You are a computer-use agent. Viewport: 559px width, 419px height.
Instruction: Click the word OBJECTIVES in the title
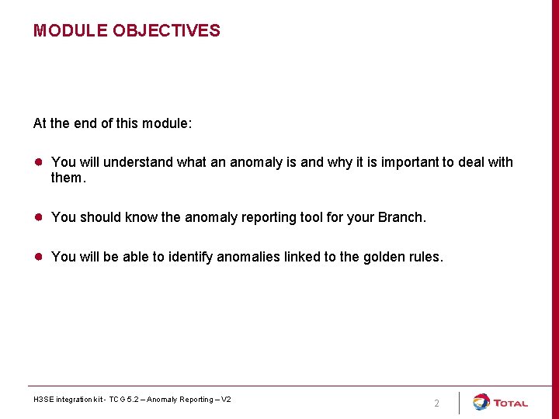point(166,31)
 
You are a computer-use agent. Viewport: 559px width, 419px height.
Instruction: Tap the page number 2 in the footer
point(436,403)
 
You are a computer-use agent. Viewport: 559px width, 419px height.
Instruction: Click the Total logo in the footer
point(501,403)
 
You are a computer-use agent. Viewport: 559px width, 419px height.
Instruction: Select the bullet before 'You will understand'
point(37,162)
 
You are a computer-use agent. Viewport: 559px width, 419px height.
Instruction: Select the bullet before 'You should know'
point(37,217)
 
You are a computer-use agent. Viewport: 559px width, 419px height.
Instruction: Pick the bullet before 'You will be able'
point(37,257)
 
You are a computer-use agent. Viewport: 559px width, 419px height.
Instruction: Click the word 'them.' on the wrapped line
point(67,178)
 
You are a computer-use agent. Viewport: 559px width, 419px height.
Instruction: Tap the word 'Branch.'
point(402,217)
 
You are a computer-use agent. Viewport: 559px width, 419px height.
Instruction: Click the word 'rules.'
point(426,257)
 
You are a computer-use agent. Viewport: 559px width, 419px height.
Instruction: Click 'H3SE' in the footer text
point(43,400)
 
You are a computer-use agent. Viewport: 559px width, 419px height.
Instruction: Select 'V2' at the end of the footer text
point(226,400)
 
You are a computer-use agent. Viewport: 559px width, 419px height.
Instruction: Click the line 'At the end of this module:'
point(113,123)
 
